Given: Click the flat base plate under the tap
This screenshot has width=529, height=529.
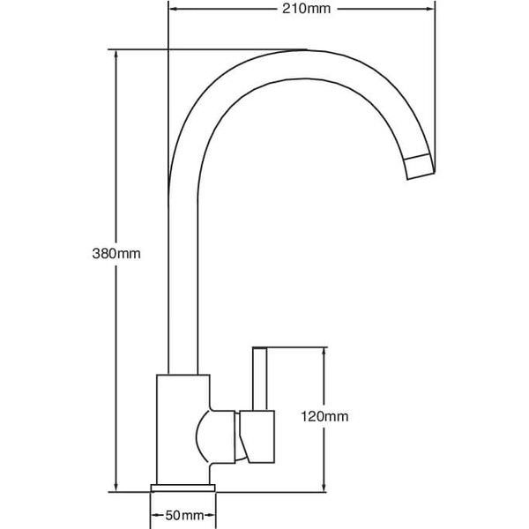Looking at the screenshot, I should pos(183,488).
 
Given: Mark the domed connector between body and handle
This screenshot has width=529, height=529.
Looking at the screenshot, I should pos(217,435).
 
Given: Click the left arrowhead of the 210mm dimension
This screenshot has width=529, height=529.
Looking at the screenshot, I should pos(172,10).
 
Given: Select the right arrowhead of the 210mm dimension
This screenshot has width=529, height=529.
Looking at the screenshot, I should pos(432,10).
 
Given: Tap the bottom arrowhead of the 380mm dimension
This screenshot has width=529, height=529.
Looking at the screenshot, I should pos(116,486).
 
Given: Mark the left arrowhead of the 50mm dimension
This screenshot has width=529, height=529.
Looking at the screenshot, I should pos(155,514).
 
